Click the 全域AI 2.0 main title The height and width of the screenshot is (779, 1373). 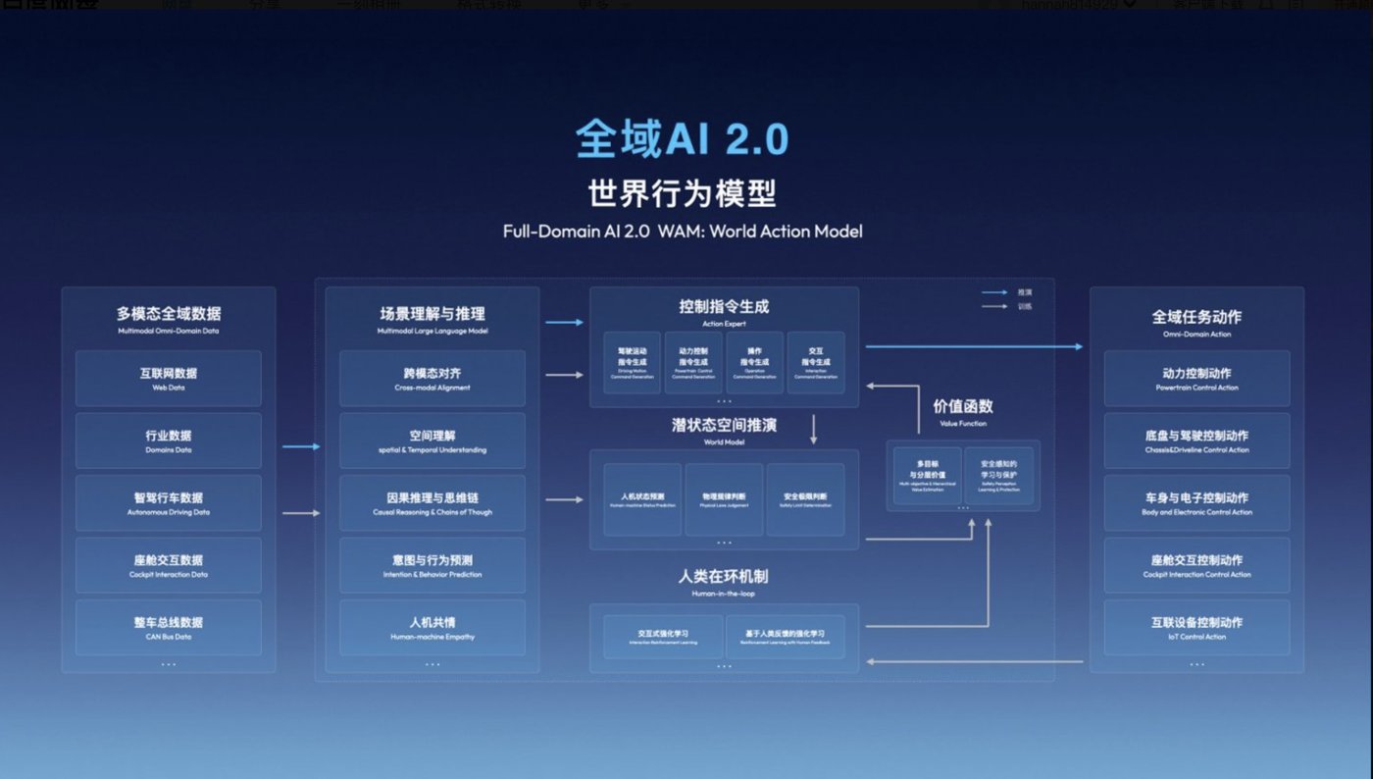point(682,139)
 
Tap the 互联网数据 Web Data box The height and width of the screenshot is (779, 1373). point(169,379)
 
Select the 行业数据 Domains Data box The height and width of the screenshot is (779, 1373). point(169,441)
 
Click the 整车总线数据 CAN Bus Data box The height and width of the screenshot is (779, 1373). point(169,627)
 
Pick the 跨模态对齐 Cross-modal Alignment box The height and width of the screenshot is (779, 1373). point(432,379)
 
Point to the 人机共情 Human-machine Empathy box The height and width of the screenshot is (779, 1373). point(432,627)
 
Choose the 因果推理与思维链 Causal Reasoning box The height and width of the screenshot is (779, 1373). point(432,502)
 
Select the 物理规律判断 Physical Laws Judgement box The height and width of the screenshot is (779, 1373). point(724,499)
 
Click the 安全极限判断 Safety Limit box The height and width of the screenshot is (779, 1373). point(805,499)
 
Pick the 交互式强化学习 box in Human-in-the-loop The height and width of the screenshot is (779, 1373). point(663,636)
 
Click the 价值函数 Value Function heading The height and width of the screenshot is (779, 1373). point(962,410)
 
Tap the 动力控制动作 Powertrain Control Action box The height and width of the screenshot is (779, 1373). point(1196,379)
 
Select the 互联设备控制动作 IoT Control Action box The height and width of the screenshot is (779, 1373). point(1196,627)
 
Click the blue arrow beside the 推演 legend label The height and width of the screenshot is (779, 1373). point(995,292)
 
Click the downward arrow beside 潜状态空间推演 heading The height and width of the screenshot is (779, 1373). point(813,429)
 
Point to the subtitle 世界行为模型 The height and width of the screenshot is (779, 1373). point(682,193)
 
